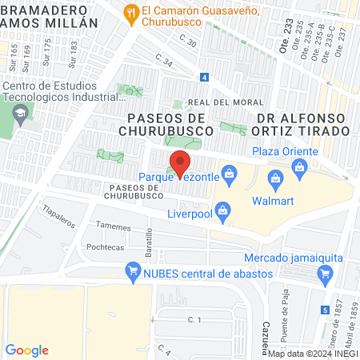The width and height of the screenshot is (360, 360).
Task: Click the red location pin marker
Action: click(x=181, y=162)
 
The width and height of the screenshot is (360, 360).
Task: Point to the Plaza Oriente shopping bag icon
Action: click(x=300, y=166)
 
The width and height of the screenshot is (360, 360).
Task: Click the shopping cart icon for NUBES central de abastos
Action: click(x=133, y=272)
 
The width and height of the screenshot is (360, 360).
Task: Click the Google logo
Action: click(x=27, y=350)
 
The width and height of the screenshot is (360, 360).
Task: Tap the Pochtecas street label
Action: click(x=106, y=248)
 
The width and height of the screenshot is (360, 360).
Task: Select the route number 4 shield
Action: click(x=205, y=77)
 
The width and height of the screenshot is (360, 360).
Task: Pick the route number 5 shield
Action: click(x=324, y=310)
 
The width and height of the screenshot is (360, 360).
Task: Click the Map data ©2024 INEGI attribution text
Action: click(x=312, y=354)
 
